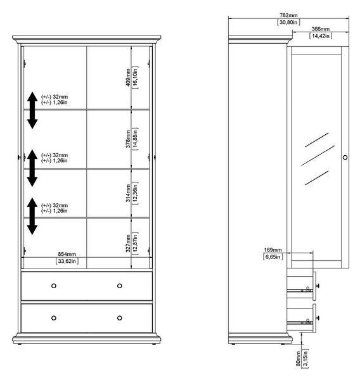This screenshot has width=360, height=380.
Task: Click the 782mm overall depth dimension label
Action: coord(288,15)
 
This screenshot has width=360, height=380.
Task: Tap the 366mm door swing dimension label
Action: coord(321,29)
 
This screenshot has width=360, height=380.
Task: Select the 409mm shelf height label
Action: coord(128,77)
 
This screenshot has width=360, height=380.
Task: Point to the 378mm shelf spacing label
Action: coord(128,139)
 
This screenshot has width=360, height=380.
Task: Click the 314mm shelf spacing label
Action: coord(128,193)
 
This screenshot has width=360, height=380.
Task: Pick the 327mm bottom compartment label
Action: coord(128,243)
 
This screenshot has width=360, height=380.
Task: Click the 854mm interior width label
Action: coord(67,254)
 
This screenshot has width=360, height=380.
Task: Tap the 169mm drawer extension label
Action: coord(273,250)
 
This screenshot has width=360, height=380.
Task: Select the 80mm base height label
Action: coord(298,358)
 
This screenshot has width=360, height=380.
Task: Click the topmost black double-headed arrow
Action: coord(32,110)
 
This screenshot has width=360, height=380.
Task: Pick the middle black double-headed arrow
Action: coord(32,168)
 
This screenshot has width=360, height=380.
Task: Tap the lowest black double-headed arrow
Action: coord(32,216)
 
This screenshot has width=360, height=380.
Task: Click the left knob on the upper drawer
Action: coord(54,286)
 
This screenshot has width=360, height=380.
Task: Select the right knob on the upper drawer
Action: coord(119,286)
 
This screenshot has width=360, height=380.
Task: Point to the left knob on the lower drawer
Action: coord(54,318)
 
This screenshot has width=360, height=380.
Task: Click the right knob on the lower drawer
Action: coord(119,318)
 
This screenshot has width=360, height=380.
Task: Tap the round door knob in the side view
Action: coord(345,158)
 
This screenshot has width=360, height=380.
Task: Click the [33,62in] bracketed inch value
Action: coord(67,261)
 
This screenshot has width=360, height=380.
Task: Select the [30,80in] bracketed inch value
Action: coord(288,22)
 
